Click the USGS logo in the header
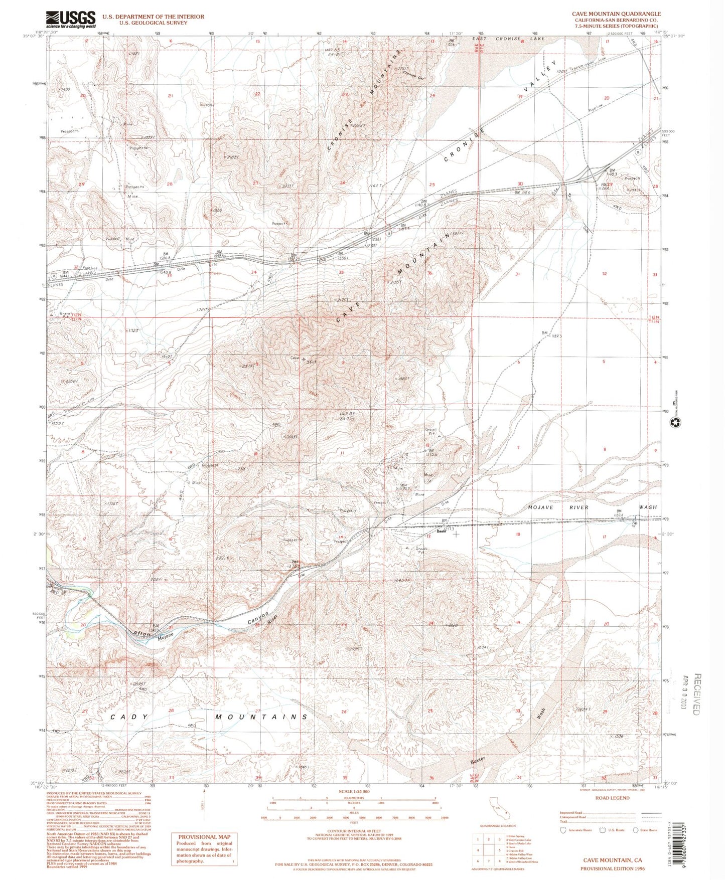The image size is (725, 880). (x=70, y=20)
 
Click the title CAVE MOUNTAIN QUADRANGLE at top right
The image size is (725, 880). (x=616, y=14)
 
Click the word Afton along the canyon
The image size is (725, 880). (x=142, y=634)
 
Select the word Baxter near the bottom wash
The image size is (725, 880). (x=479, y=761)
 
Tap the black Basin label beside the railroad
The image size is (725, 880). (x=442, y=531)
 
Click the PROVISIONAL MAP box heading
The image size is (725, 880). (x=204, y=837)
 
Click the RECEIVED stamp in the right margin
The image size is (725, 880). (x=696, y=694)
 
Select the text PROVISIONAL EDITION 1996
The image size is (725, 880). (x=612, y=868)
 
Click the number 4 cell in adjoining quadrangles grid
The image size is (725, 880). (x=478, y=850)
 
